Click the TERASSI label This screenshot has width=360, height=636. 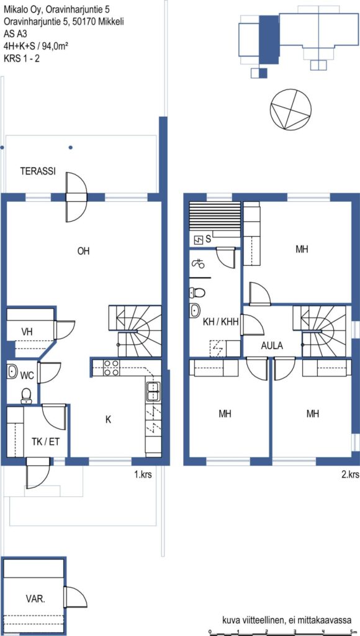(38, 171)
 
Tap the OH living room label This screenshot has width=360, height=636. (84, 252)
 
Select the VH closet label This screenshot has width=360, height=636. (27, 332)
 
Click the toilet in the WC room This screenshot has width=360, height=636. (26, 396)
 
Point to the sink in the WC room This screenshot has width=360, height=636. (12, 371)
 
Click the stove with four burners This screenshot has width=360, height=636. (111, 368)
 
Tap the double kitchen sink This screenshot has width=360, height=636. (153, 391)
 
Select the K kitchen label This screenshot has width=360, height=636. (108, 420)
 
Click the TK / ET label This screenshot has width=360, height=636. (45, 442)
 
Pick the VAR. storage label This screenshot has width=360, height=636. (35, 598)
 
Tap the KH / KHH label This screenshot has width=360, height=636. (220, 323)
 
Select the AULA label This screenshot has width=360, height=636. (272, 347)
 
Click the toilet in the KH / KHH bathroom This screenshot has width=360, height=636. (197, 292)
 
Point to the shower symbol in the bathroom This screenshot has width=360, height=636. (198, 264)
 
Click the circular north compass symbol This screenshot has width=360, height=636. (291, 109)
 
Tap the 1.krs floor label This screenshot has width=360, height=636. (143, 474)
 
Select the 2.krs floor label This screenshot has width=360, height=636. (351, 474)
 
